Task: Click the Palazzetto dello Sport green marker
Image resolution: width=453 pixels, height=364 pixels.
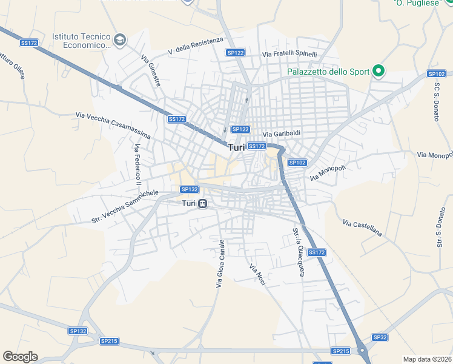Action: pos(379,72)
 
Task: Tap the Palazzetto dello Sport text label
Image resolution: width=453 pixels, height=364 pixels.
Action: pos(328,72)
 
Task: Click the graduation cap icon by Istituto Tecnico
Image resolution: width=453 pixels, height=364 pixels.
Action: pos(120,40)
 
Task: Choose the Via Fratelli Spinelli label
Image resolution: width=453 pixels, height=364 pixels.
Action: pos(289,55)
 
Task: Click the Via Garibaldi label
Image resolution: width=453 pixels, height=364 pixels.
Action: pos(282,134)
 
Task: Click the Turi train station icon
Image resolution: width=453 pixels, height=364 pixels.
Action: pos(203,203)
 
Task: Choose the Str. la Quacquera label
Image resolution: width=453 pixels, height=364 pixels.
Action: pos(298,252)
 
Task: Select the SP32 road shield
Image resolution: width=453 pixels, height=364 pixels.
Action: pos(379,337)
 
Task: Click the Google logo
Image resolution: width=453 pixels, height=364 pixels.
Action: pos(20,357)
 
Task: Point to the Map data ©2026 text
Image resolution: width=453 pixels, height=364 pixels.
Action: pos(426,359)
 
